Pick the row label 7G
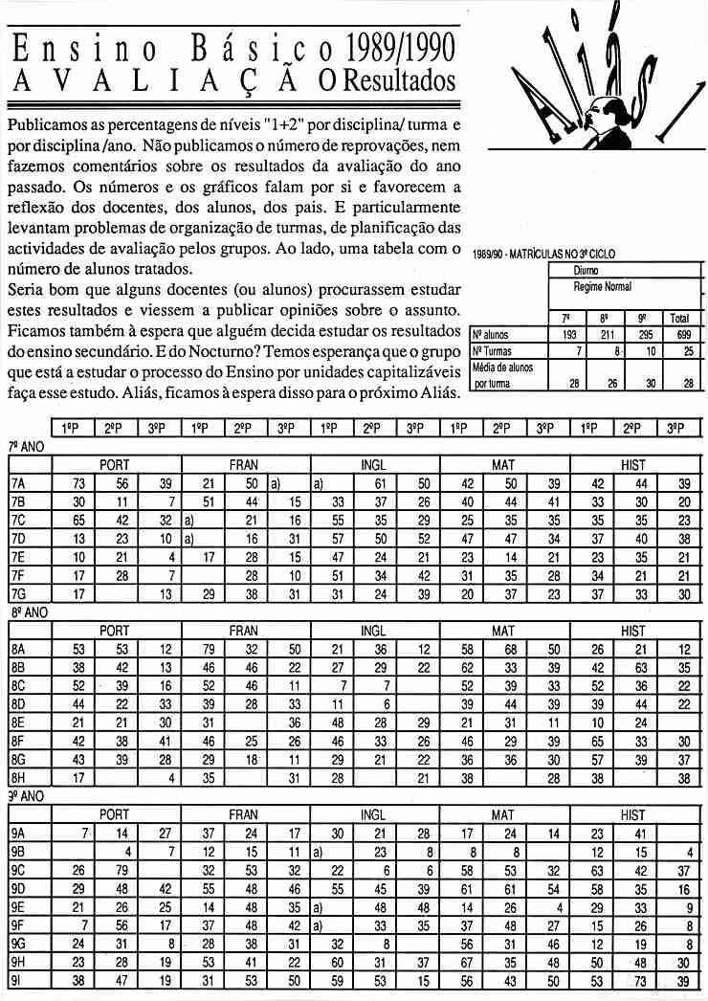point(18,593)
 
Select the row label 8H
point(18,778)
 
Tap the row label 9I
point(16,981)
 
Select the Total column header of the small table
point(680,318)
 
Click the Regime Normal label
point(603,286)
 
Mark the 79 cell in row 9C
point(122,871)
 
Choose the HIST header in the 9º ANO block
point(633,815)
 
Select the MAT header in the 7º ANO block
point(503,464)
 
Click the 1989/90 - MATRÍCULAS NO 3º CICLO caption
point(545,255)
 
